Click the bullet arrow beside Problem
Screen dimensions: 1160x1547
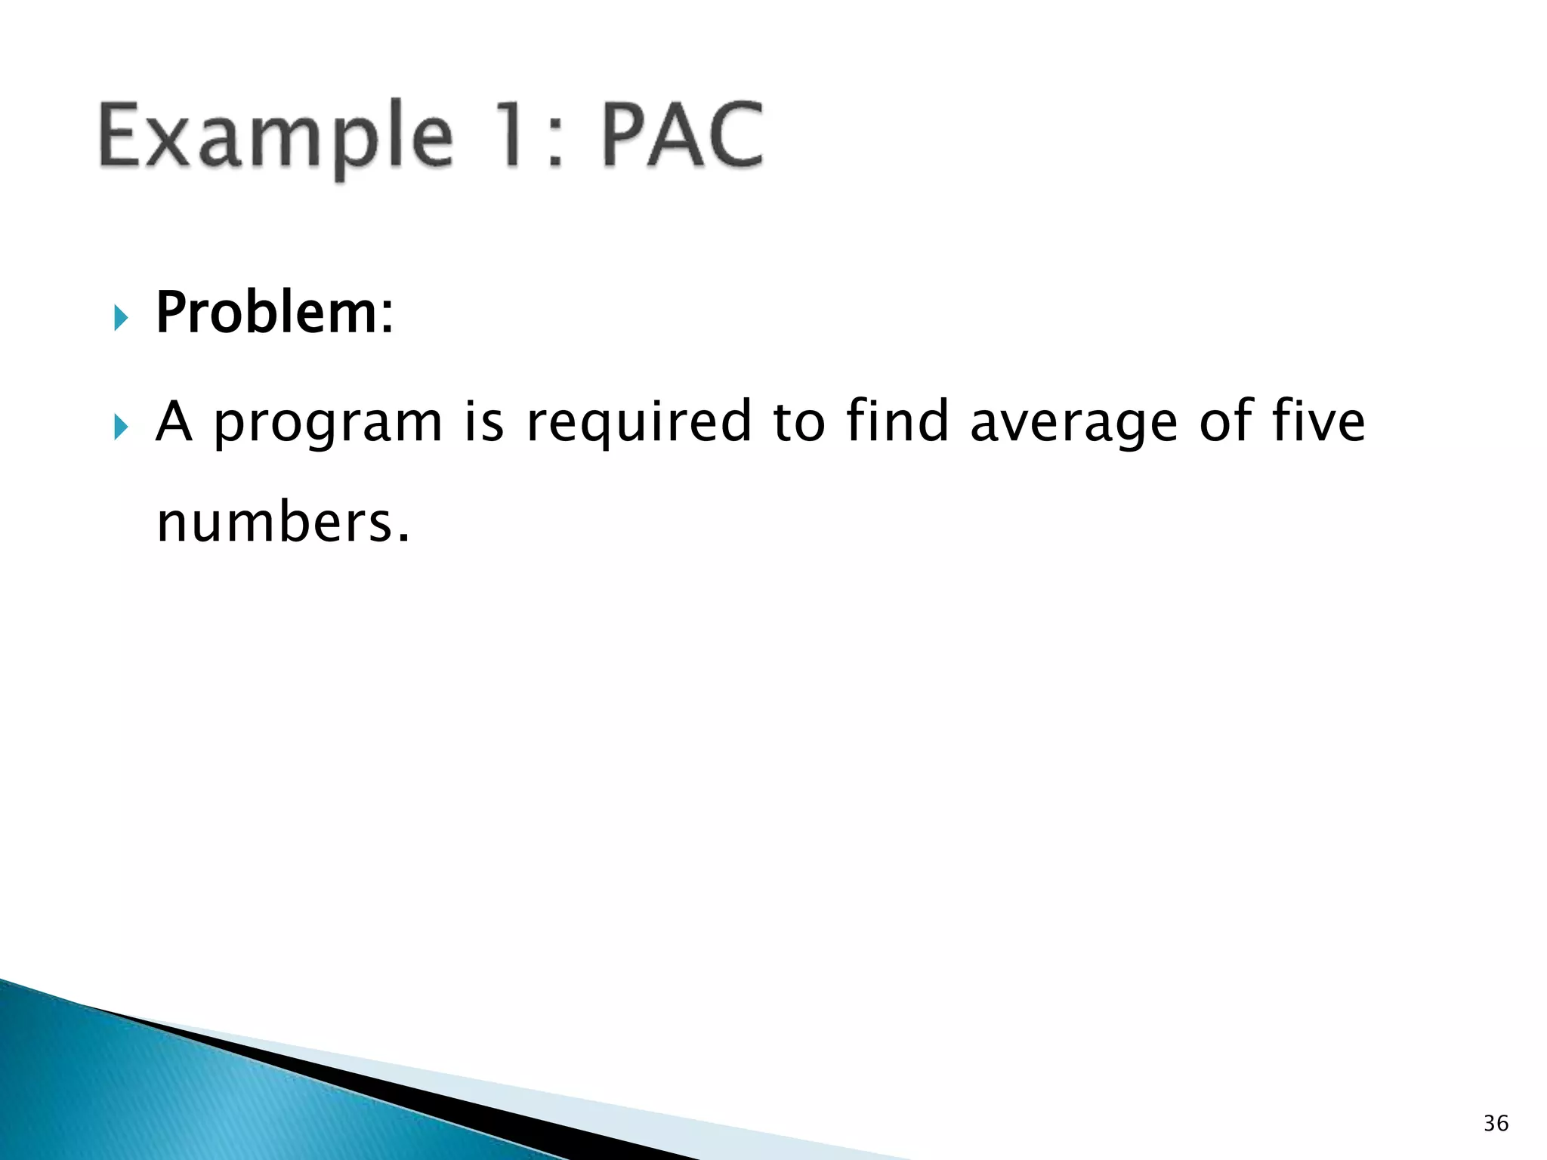pyautogui.click(x=121, y=318)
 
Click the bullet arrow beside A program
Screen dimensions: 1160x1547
pyautogui.click(x=121, y=427)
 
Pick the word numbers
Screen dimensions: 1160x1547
pyautogui.click(x=275, y=523)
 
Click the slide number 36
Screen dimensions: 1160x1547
pyautogui.click(x=1496, y=1123)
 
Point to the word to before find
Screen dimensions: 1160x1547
pyautogui.click(x=799, y=422)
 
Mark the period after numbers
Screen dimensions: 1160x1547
pyautogui.click(x=403, y=538)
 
